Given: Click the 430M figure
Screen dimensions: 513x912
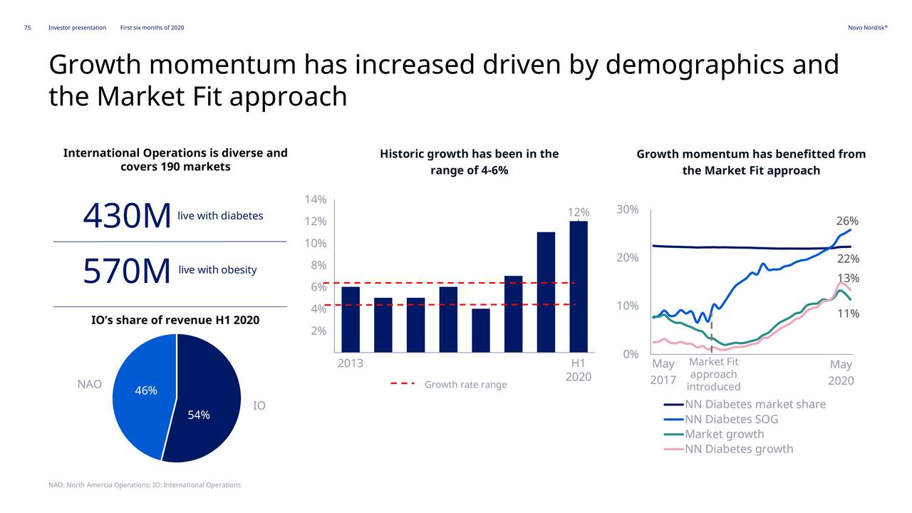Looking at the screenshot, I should (127, 217).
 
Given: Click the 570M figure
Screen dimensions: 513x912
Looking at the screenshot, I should (127, 271).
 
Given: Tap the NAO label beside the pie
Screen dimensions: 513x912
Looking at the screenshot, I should (89, 384).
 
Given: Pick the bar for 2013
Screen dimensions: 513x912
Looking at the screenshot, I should (350, 319).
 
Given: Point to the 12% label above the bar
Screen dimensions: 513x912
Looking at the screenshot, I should (578, 212).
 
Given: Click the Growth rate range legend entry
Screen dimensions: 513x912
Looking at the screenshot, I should (465, 385).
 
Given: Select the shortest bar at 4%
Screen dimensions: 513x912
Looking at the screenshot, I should (480, 330).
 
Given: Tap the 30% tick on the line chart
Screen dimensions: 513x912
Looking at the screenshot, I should (627, 209).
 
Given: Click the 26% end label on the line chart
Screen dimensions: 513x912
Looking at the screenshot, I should (847, 221).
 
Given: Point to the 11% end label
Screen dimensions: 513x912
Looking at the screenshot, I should (847, 313).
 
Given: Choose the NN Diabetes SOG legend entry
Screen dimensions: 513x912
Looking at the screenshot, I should (731, 419).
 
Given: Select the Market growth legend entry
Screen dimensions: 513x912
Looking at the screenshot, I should (724, 434).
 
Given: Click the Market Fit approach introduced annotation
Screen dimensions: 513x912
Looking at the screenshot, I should (713, 375).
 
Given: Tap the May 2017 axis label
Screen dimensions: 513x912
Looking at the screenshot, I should (663, 372).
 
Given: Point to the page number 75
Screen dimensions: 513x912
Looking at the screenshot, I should (27, 28).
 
